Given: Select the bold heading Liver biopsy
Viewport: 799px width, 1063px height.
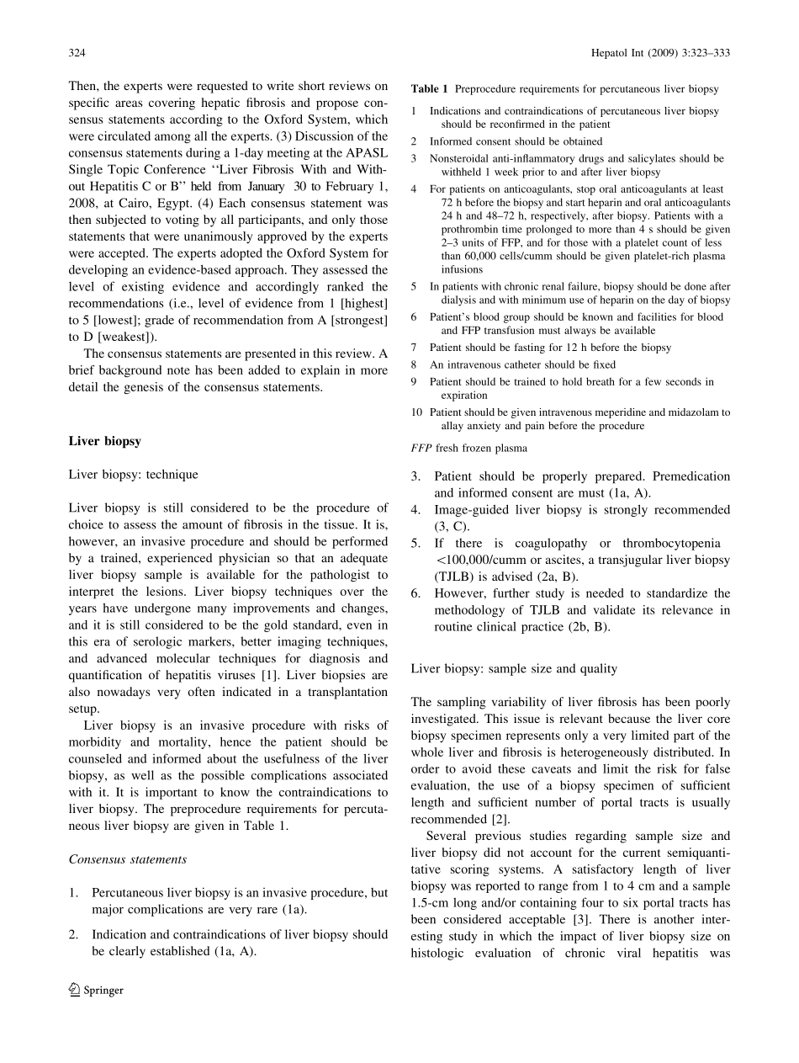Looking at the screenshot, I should click(x=104, y=441).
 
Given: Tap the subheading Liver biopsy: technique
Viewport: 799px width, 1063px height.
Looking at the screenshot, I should click(x=133, y=475).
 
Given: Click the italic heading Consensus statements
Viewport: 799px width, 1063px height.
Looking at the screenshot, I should click(x=127, y=859).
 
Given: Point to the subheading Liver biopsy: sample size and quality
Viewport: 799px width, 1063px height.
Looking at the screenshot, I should click(x=514, y=668).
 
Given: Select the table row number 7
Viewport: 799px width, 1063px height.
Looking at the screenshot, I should click(x=414, y=348).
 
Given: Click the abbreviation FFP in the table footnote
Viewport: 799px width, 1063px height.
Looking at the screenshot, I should click(x=421, y=449).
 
